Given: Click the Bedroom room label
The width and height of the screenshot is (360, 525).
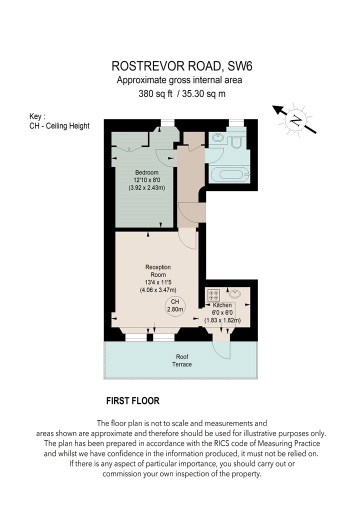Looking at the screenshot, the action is (x=146, y=172).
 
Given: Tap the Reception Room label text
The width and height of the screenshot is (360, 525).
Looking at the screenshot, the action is (x=158, y=271).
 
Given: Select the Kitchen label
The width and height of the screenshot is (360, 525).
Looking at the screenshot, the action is (x=222, y=305).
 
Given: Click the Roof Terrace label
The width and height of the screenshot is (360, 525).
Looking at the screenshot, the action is (x=182, y=360).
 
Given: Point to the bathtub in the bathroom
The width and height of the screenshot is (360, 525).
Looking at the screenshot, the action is (x=229, y=174).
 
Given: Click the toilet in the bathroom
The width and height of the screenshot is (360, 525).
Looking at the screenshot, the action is (x=236, y=142).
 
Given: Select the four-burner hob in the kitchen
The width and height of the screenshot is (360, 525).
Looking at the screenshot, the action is (x=213, y=295).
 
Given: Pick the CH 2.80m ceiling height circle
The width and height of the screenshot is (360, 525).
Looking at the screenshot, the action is (x=175, y=305).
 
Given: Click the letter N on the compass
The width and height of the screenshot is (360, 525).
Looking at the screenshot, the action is (x=295, y=120).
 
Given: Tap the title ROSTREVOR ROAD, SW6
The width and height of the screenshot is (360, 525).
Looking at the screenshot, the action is (x=182, y=66).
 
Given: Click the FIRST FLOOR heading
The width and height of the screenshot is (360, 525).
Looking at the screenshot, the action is (x=132, y=401).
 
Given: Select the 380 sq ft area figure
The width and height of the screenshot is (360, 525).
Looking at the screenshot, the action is (x=155, y=94).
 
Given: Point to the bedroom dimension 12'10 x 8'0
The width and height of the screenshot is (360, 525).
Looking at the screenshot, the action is (x=147, y=180).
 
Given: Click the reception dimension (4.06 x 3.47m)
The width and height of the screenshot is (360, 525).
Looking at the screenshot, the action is (x=158, y=290).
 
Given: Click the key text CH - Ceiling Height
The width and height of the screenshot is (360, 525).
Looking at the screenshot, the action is (x=59, y=126).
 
